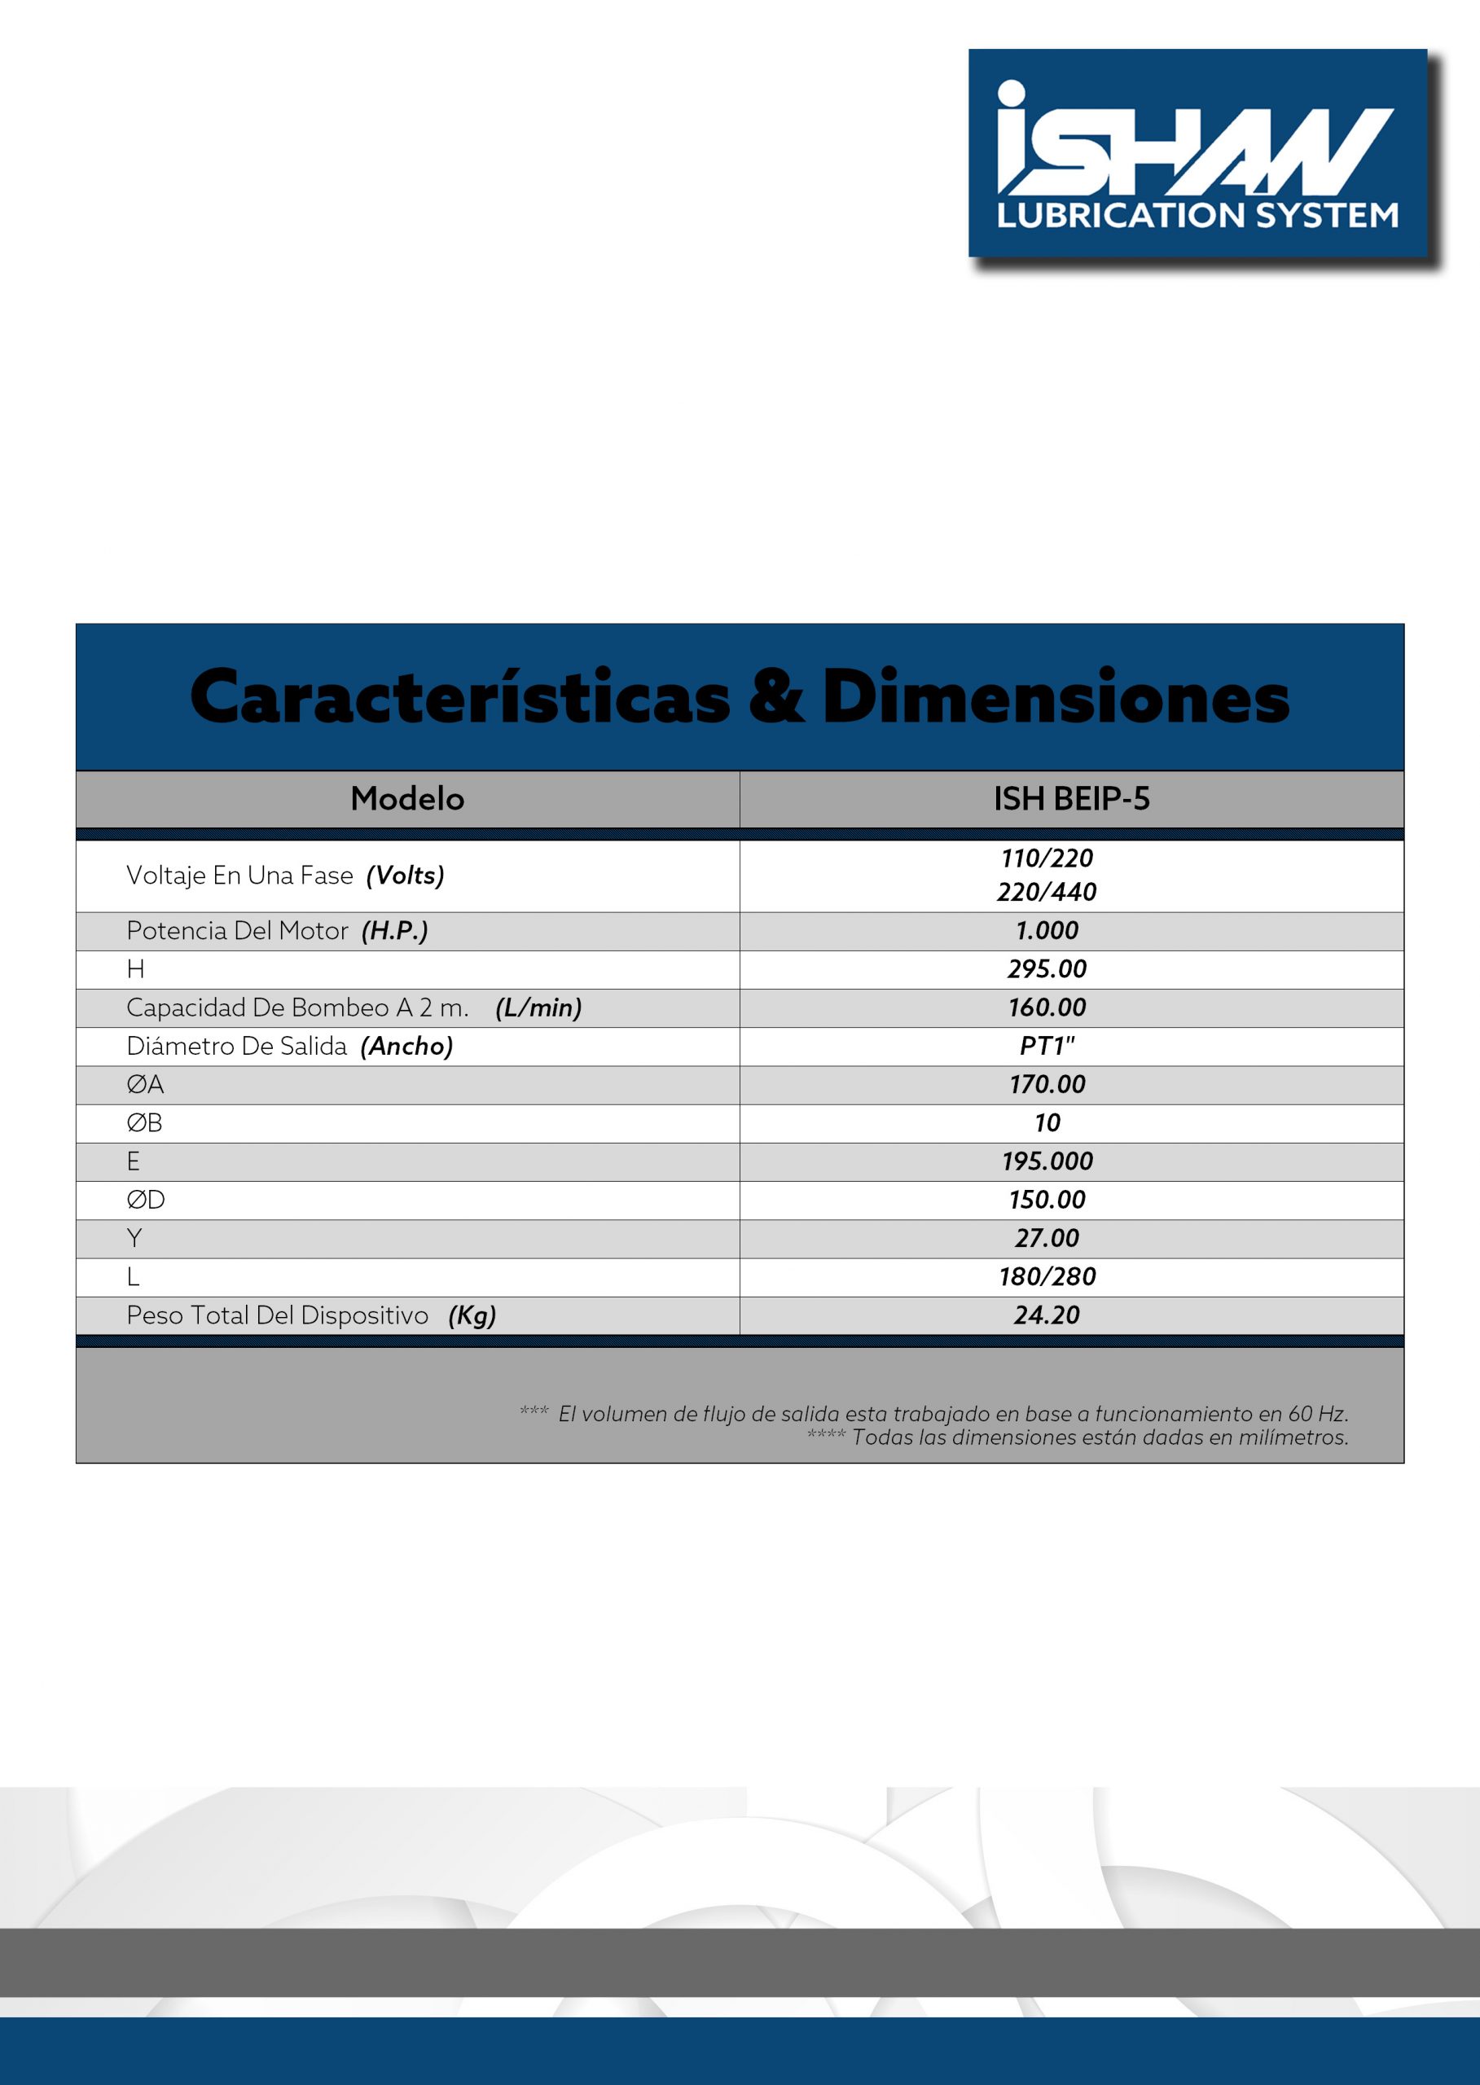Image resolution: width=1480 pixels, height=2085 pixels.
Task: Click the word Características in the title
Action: pos(459,696)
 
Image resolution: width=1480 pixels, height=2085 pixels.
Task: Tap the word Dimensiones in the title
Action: pos(1056,696)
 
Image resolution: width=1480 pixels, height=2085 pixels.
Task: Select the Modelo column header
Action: pos(407,798)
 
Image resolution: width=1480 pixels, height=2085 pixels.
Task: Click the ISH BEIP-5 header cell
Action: pos(1071,798)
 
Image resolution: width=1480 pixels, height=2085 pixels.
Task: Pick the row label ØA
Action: pos(145,1084)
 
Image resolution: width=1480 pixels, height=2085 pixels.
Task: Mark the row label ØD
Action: pos(146,1199)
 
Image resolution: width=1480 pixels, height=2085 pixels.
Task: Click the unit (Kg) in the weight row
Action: pos(472,1315)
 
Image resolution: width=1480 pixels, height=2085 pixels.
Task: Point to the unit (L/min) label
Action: pos(538,1007)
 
